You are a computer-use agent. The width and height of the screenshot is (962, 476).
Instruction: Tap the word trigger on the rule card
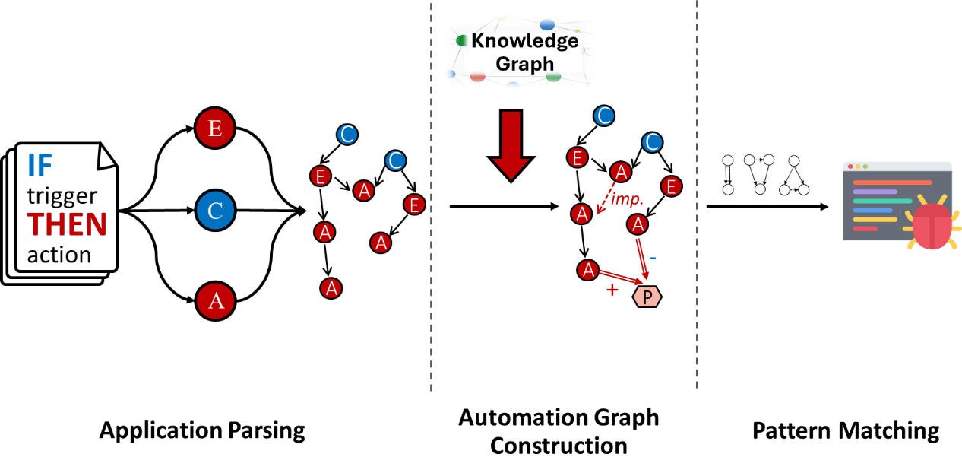click(x=62, y=196)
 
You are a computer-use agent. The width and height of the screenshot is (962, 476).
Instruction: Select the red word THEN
click(x=67, y=224)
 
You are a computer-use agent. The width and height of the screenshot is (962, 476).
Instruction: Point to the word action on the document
click(x=59, y=254)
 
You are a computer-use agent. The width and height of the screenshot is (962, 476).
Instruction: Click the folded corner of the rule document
click(x=110, y=154)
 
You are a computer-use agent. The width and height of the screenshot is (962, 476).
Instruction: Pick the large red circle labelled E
click(x=215, y=129)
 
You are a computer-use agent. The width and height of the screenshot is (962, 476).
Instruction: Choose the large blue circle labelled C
click(x=215, y=211)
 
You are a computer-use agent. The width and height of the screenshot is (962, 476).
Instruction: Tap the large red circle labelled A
click(x=215, y=301)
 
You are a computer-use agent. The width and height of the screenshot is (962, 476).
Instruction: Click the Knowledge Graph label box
click(x=521, y=52)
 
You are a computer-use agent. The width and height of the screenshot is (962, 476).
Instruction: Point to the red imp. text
click(x=628, y=200)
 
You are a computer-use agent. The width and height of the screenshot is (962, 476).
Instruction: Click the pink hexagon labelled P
click(x=647, y=297)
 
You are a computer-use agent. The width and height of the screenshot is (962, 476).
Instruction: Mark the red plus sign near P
click(x=612, y=290)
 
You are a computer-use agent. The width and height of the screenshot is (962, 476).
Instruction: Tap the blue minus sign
click(x=653, y=259)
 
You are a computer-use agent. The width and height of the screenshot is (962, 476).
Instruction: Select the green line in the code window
click(x=881, y=202)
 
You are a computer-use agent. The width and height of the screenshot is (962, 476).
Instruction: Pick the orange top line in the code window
click(x=892, y=182)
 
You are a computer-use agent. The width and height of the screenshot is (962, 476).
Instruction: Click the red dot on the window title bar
click(x=850, y=167)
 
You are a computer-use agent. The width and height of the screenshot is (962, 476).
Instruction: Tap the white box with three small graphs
click(x=764, y=175)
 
